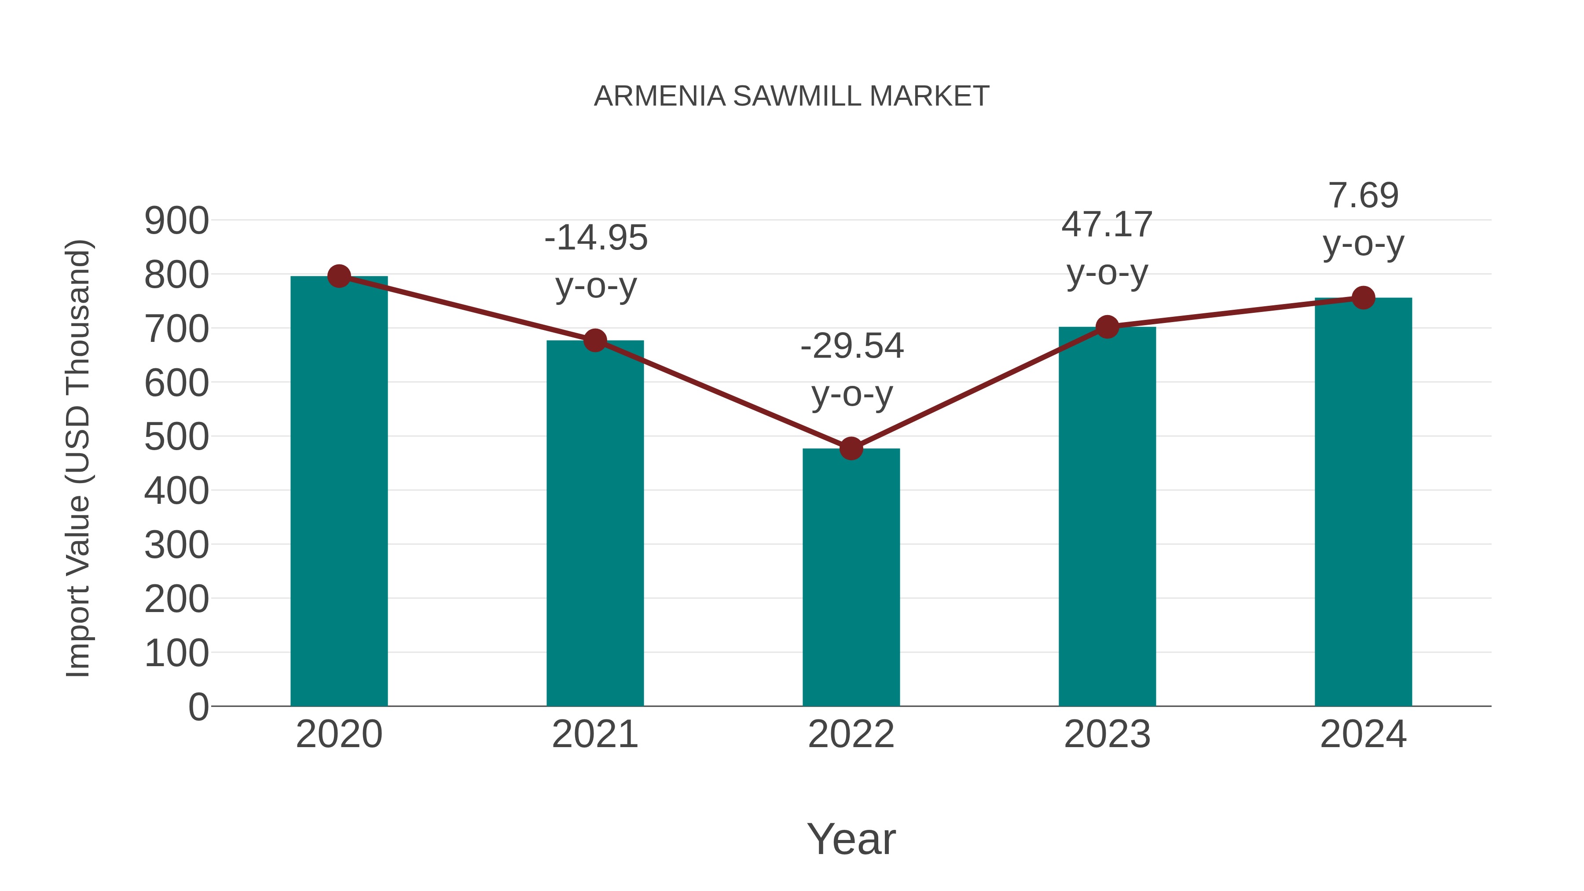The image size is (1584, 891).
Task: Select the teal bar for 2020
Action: tap(339, 492)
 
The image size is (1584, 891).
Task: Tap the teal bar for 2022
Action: tap(851, 578)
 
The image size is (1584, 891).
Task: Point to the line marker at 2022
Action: tap(851, 449)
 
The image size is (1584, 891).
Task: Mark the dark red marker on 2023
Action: tap(1107, 327)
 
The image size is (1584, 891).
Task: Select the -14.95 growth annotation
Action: tap(596, 238)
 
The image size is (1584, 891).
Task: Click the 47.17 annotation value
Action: tap(1107, 224)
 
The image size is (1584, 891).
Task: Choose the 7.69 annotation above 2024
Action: tap(1363, 195)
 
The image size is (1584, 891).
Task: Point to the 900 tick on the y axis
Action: tap(176, 221)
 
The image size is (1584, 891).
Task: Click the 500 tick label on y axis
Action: tap(176, 437)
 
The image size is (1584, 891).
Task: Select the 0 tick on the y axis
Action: tap(198, 707)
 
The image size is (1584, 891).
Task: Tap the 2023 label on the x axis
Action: tap(1107, 734)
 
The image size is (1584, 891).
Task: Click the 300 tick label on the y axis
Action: tap(176, 546)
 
